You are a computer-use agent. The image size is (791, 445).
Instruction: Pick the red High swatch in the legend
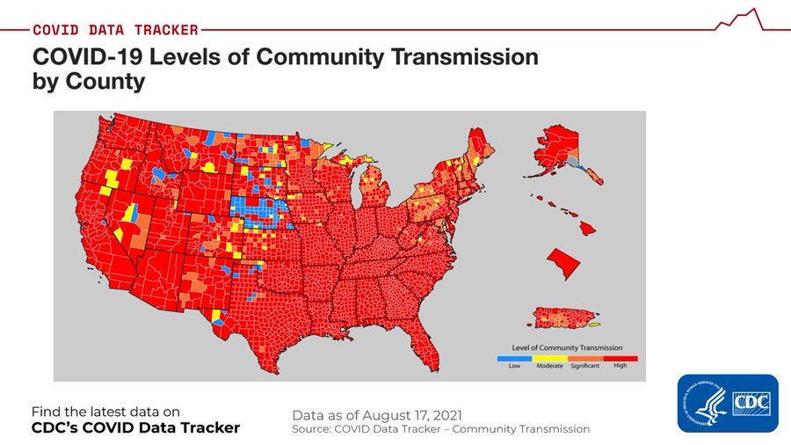(x=620, y=358)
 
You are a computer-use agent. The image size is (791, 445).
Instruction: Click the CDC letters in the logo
(x=750, y=402)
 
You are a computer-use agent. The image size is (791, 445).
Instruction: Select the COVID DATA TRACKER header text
(x=115, y=30)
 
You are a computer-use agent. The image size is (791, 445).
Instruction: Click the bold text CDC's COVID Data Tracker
(x=135, y=428)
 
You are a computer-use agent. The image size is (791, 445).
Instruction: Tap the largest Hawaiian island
(x=586, y=228)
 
